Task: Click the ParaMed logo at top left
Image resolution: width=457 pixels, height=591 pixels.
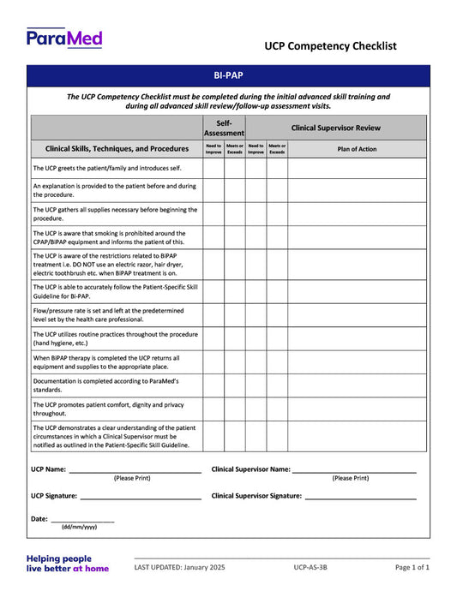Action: click(64, 39)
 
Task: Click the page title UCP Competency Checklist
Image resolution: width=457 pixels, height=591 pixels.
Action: click(330, 46)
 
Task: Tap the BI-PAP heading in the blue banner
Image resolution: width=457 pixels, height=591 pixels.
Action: click(228, 75)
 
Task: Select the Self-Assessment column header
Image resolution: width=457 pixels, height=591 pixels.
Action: click(224, 128)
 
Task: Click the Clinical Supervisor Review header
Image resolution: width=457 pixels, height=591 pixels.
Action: click(336, 128)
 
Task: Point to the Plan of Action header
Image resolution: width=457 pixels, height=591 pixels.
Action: click(356, 148)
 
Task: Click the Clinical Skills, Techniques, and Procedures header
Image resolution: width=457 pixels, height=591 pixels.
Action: click(117, 148)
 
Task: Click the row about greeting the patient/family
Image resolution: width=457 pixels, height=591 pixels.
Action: click(107, 168)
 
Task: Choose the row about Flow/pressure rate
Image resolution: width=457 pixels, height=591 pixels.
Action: click(114, 315)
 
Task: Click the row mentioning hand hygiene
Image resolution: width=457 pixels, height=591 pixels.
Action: click(114, 338)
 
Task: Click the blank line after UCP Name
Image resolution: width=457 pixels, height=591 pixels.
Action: click(135, 471)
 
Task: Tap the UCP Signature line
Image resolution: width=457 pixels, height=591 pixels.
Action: click(141, 497)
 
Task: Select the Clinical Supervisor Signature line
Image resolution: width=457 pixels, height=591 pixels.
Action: click(360, 497)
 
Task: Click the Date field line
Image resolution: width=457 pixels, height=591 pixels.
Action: click(82, 520)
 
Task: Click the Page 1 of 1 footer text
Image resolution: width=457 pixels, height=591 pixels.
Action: click(412, 567)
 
